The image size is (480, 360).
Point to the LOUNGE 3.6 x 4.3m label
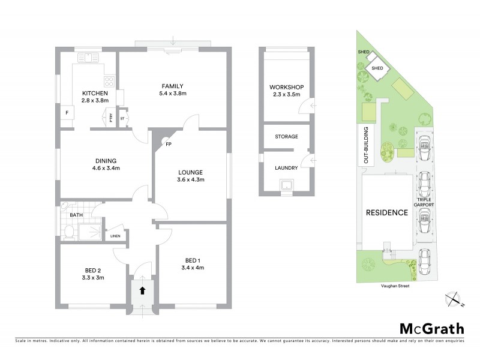[x=191, y=175]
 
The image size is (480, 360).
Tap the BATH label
[x=76, y=214]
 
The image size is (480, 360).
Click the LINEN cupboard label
[x=115, y=236]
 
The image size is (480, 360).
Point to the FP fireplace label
[x=168, y=144]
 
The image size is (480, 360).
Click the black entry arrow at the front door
[x=142, y=290]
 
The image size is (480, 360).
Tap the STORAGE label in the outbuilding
[x=286, y=137]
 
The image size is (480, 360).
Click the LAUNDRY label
[x=286, y=169]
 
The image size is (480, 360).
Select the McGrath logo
[x=431, y=328]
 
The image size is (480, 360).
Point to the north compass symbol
[x=455, y=298]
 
